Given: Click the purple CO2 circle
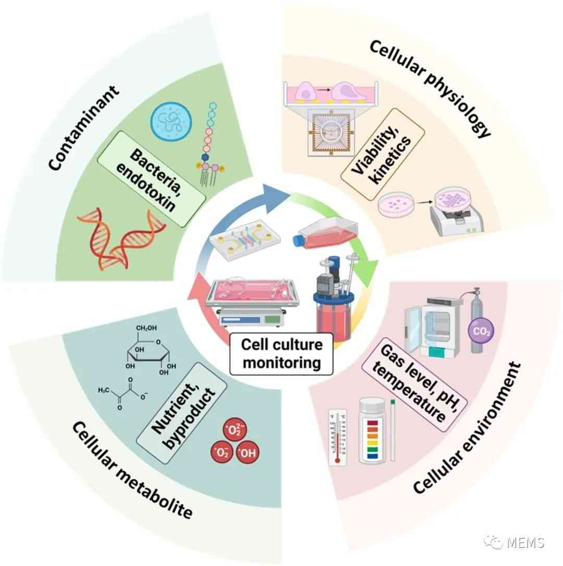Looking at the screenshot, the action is (481, 331).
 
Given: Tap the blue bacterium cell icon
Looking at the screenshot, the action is (171, 121).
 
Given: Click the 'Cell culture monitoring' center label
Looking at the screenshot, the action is (281, 353).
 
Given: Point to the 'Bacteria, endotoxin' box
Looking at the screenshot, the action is (152, 179).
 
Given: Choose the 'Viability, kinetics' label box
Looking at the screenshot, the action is (383, 154).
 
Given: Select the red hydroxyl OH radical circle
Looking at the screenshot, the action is (248, 452).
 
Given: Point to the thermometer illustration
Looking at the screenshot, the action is (337, 437).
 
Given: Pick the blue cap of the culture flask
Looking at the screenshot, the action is (299, 241).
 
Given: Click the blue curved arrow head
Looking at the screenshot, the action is (276, 199).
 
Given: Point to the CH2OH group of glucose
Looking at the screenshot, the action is (146, 328).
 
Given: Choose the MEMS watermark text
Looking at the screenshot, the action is (525, 542).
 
